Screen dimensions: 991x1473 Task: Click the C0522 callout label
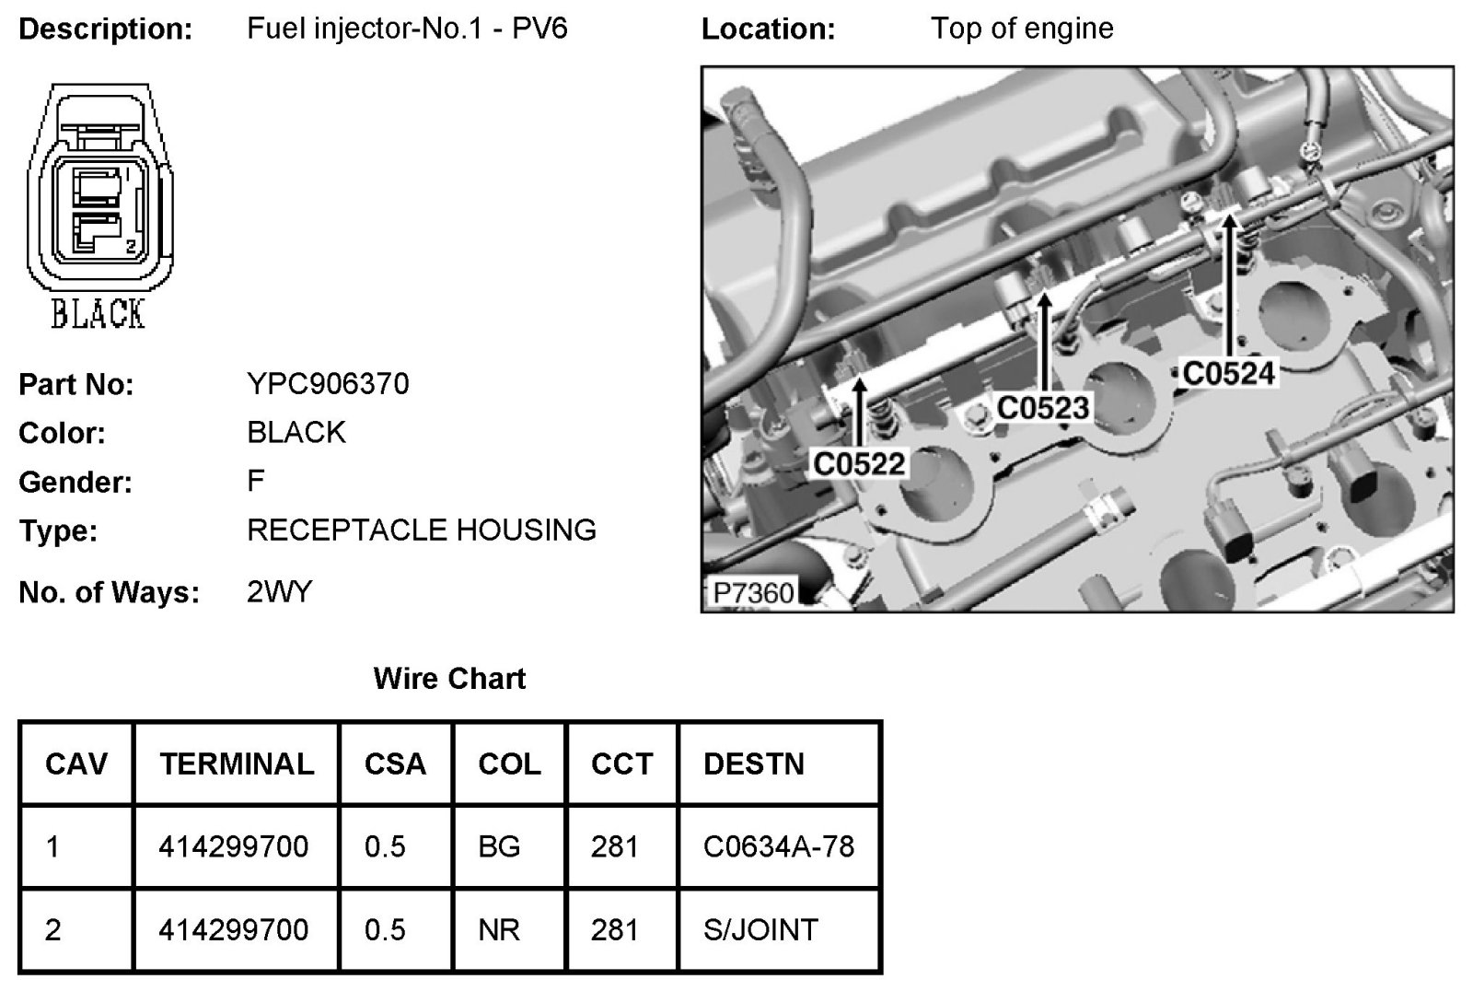click(859, 463)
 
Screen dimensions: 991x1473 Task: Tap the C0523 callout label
click(1043, 407)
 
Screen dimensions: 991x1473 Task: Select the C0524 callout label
click(1229, 373)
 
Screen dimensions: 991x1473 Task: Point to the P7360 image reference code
click(753, 592)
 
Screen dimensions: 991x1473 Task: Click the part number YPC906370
click(328, 383)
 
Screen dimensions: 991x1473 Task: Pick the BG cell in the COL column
click(499, 846)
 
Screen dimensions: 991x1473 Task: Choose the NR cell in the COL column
click(499, 929)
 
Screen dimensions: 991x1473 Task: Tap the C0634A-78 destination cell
click(778, 846)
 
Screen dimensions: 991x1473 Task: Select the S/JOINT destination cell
click(760, 929)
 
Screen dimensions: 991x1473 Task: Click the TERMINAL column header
click(237, 764)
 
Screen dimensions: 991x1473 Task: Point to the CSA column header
click(395, 764)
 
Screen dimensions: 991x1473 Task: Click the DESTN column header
click(753, 764)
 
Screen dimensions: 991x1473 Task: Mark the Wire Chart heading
click(449, 679)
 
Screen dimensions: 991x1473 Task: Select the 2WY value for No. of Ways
click(280, 591)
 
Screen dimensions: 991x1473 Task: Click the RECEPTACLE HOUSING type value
click(422, 530)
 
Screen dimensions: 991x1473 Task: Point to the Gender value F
click(256, 480)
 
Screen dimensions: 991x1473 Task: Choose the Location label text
click(768, 29)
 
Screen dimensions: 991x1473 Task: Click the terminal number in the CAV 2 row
click(233, 929)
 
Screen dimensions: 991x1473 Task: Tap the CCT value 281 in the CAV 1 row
click(614, 846)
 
